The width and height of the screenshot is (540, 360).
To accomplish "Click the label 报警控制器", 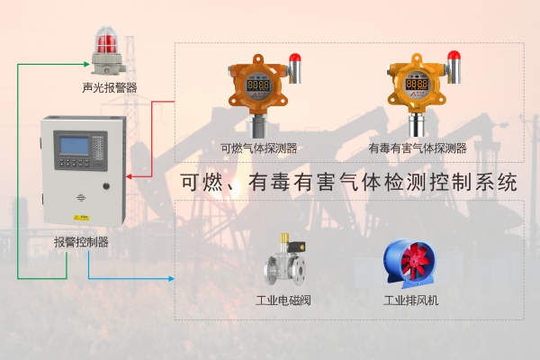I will coord(81,242).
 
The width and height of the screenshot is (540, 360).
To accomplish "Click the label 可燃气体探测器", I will coord(259,148).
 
